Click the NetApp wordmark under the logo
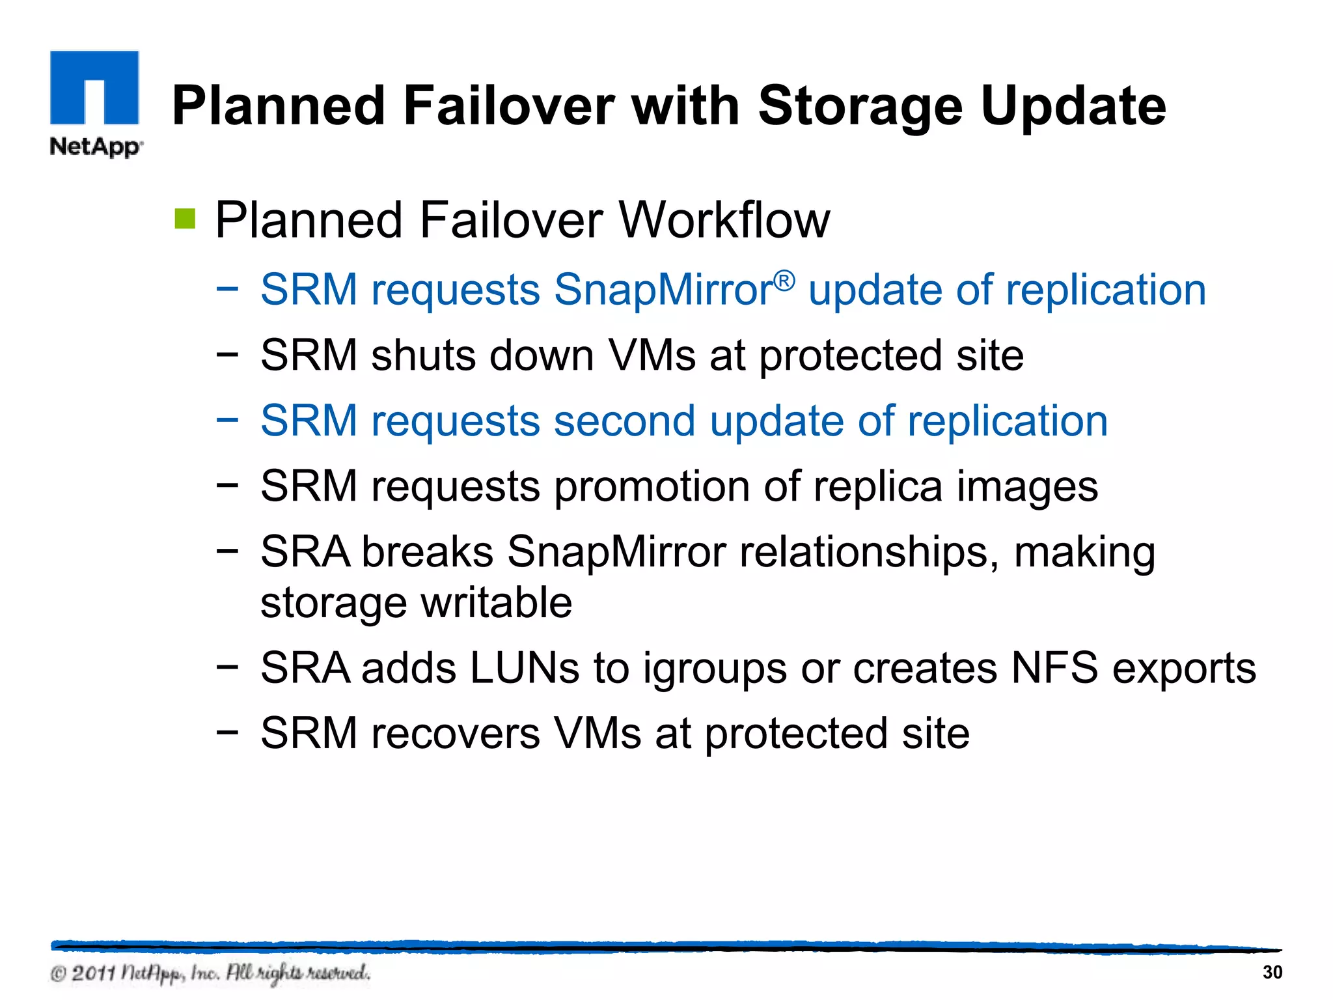point(96,146)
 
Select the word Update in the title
point(1073,106)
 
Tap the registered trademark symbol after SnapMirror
point(784,281)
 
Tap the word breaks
point(427,552)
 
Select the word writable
point(497,602)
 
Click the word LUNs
point(524,668)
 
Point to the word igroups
point(714,669)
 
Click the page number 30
point(1272,972)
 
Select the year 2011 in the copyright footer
point(94,973)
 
